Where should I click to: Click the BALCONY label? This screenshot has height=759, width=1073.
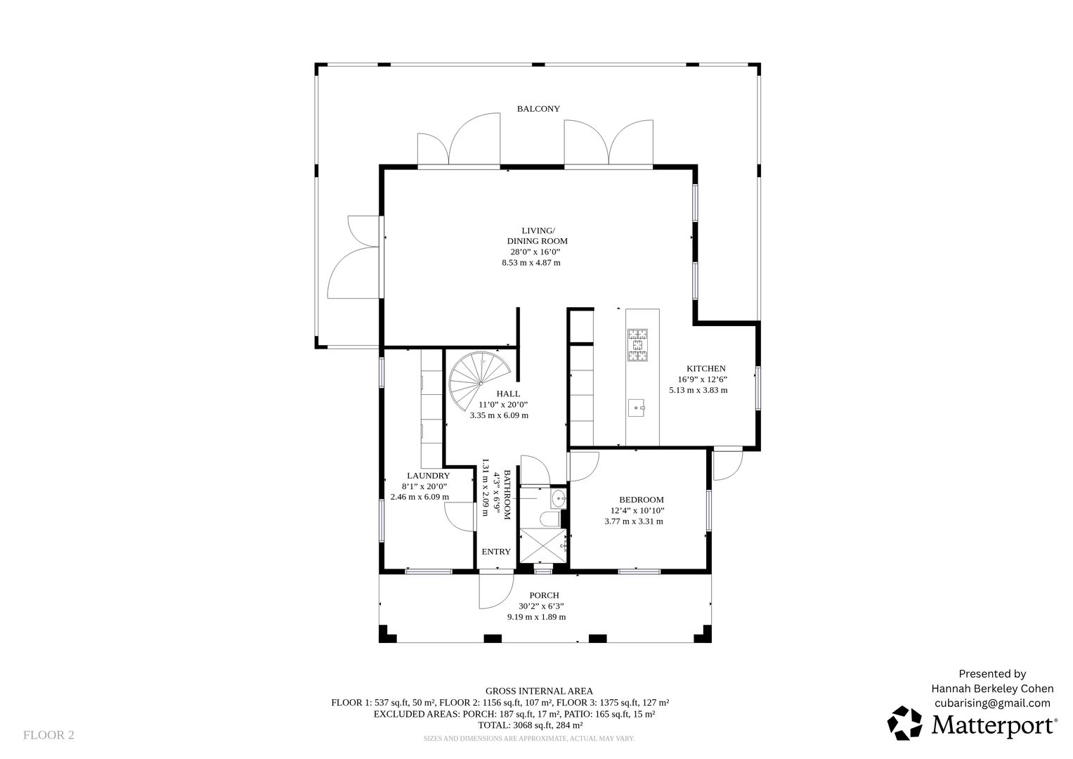click(538, 109)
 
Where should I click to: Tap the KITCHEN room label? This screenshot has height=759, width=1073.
click(706, 368)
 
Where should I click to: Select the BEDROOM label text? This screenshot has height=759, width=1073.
click(642, 500)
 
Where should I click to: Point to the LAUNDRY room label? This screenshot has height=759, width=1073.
click(428, 476)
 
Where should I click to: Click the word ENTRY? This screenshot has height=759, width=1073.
click(496, 552)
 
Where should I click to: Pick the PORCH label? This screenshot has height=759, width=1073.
click(544, 595)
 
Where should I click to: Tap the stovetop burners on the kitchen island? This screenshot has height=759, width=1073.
click(637, 344)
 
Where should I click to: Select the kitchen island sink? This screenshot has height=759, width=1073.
click(636, 408)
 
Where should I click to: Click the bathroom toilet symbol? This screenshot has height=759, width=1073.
click(549, 519)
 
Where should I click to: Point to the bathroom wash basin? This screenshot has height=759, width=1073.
click(559, 500)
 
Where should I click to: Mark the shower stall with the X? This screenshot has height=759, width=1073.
click(543, 545)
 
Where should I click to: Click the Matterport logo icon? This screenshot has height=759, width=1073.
click(905, 723)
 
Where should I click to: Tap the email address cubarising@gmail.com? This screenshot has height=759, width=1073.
click(992, 703)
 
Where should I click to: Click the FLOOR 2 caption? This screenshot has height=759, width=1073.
click(49, 735)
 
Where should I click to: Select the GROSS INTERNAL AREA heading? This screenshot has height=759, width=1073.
click(539, 691)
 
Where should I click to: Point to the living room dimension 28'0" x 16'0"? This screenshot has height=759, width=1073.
click(535, 252)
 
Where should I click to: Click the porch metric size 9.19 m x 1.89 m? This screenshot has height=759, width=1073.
click(537, 617)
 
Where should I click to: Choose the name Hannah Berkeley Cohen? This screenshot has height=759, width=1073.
click(992, 689)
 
